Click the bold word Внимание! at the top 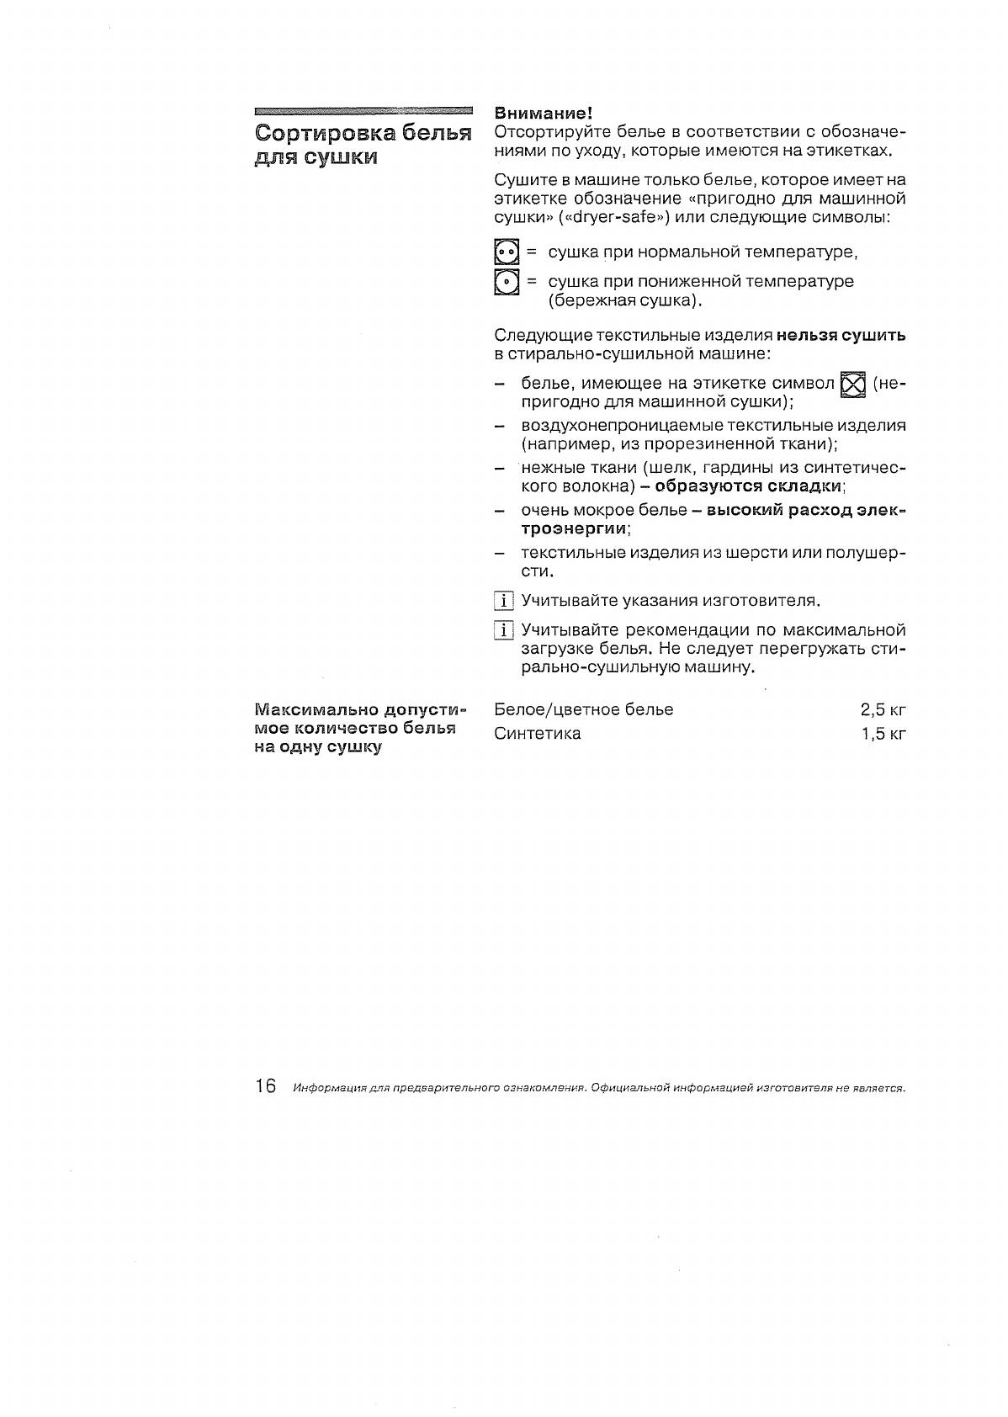point(544,114)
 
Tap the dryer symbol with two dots point(506,252)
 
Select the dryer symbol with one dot point(506,282)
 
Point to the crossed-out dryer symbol point(852,385)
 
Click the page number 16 point(265,1086)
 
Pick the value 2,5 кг point(883,709)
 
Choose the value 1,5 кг point(883,734)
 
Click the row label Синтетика point(538,734)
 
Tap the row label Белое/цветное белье point(584,709)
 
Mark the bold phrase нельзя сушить point(841,336)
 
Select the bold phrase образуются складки point(748,486)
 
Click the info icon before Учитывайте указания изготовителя point(504,601)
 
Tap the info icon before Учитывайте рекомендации point(504,630)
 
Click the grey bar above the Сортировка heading point(363,110)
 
